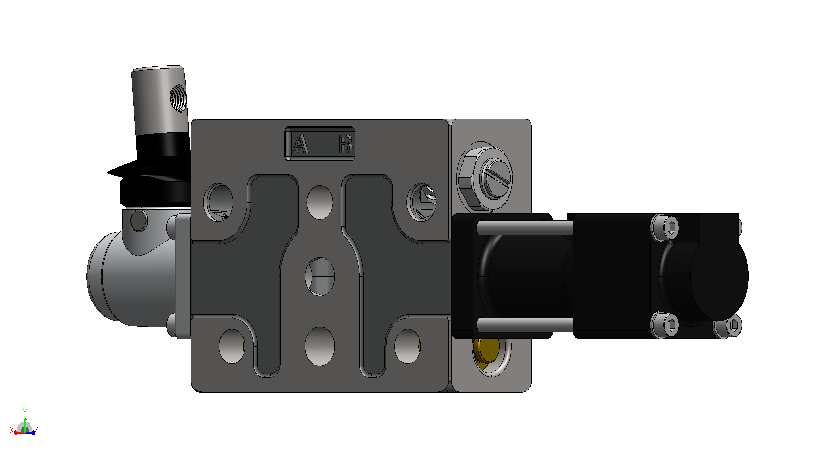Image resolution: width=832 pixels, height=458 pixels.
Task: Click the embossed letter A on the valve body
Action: tap(300, 144)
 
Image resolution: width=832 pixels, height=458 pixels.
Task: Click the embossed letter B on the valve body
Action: tap(346, 144)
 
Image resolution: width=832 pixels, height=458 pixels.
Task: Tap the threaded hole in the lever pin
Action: tap(178, 98)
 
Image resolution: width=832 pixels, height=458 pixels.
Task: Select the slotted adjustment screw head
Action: tap(497, 179)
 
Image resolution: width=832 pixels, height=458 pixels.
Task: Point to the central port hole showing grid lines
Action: tap(320, 277)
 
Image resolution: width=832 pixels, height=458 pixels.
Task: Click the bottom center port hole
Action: tap(320, 347)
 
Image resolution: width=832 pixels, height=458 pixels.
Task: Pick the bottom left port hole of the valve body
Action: tap(232, 346)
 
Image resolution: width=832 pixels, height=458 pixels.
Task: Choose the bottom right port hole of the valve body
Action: tap(408, 346)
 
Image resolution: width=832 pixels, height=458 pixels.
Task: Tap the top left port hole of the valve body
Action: tap(219, 202)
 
